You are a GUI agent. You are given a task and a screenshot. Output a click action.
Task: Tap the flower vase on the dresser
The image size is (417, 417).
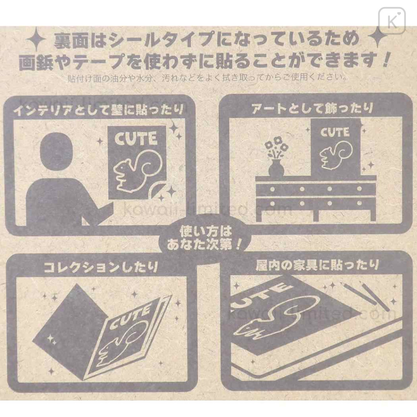pos(276,168)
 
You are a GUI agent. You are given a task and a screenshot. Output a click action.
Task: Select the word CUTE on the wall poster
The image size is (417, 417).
pos(136,138)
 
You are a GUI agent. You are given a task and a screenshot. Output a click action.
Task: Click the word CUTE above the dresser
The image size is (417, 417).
pos(335,132)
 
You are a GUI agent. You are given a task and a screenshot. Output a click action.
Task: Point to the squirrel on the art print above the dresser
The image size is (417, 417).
pos(336,155)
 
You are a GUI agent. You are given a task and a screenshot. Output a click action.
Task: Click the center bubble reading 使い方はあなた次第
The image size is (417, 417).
pos(204,238)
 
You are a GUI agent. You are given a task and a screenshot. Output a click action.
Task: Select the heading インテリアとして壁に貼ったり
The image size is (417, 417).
pos(99,110)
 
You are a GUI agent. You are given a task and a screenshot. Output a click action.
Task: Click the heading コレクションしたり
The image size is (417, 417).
pos(101,267)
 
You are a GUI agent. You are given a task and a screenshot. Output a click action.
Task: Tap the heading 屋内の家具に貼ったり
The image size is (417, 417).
pos(317,265)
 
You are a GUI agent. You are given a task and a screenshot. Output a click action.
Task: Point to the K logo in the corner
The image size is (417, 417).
pos(392,21)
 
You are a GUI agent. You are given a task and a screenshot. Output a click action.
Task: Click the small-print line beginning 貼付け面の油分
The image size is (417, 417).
pos(207,78)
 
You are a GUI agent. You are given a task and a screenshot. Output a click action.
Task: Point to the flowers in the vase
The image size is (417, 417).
pos(276,149)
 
